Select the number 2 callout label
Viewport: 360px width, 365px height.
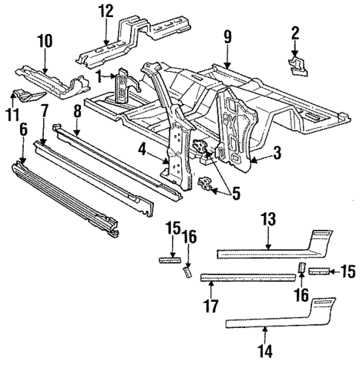[x=295, y=33]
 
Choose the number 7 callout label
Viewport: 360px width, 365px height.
[x=44, y=112]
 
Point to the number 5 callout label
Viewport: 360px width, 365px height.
[x=235, y=194]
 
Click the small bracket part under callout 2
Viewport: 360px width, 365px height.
[x=299, y=67]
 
